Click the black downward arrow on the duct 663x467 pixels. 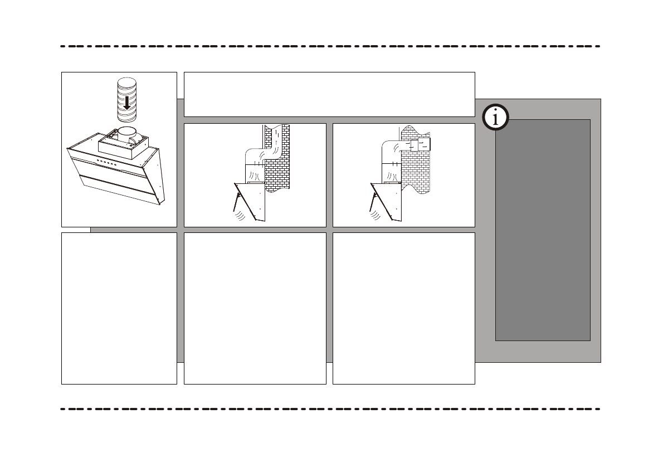coord(127,102)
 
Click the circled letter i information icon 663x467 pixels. coord(495,118)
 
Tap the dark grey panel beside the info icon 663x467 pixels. coord(543,234)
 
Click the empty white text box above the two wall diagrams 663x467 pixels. coord(329,94)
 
